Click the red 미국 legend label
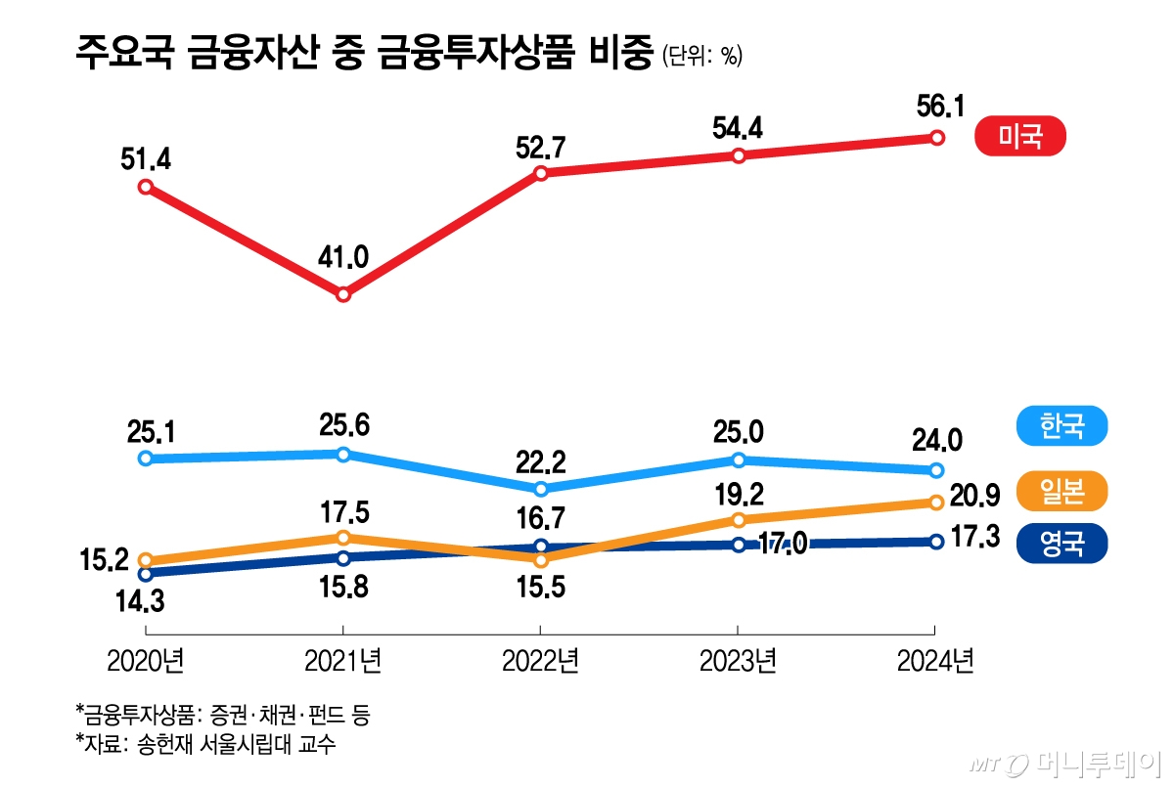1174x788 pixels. [1020, 137]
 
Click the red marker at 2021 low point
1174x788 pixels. [343, 293]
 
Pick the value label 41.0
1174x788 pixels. [344, 257]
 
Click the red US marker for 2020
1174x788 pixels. [146, 187]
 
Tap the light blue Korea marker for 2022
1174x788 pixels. [541, 488]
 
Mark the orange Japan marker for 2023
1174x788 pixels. [739, 519]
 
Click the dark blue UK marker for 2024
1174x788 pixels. [936, 541]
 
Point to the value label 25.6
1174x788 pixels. [344, 425]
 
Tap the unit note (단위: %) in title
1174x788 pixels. [702, 56]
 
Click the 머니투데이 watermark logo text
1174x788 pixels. [1096, 763]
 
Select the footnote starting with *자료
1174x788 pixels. [204, 744]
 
